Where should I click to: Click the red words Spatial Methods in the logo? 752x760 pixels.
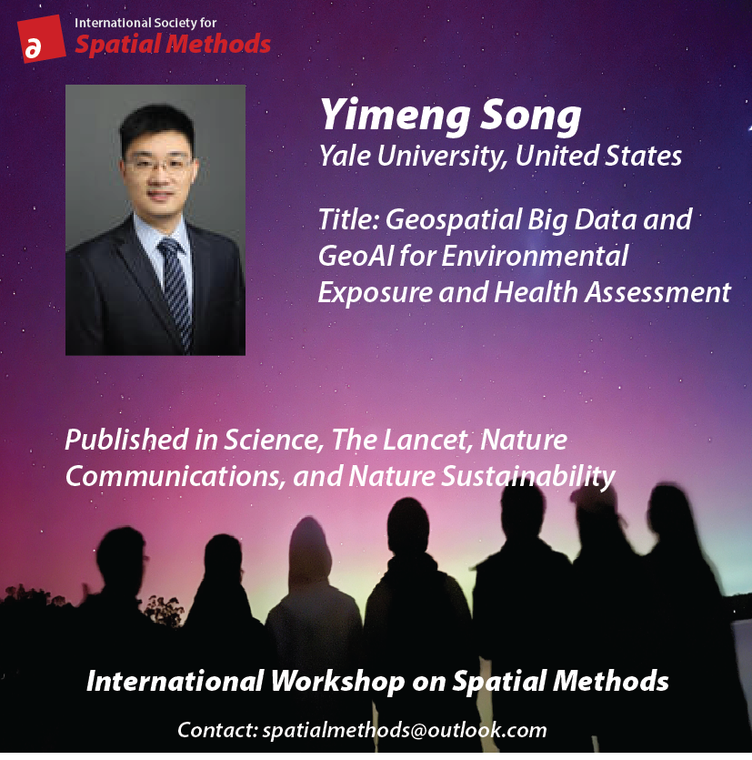coord(173,44)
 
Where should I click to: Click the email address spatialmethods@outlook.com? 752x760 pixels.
coord(404,730)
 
